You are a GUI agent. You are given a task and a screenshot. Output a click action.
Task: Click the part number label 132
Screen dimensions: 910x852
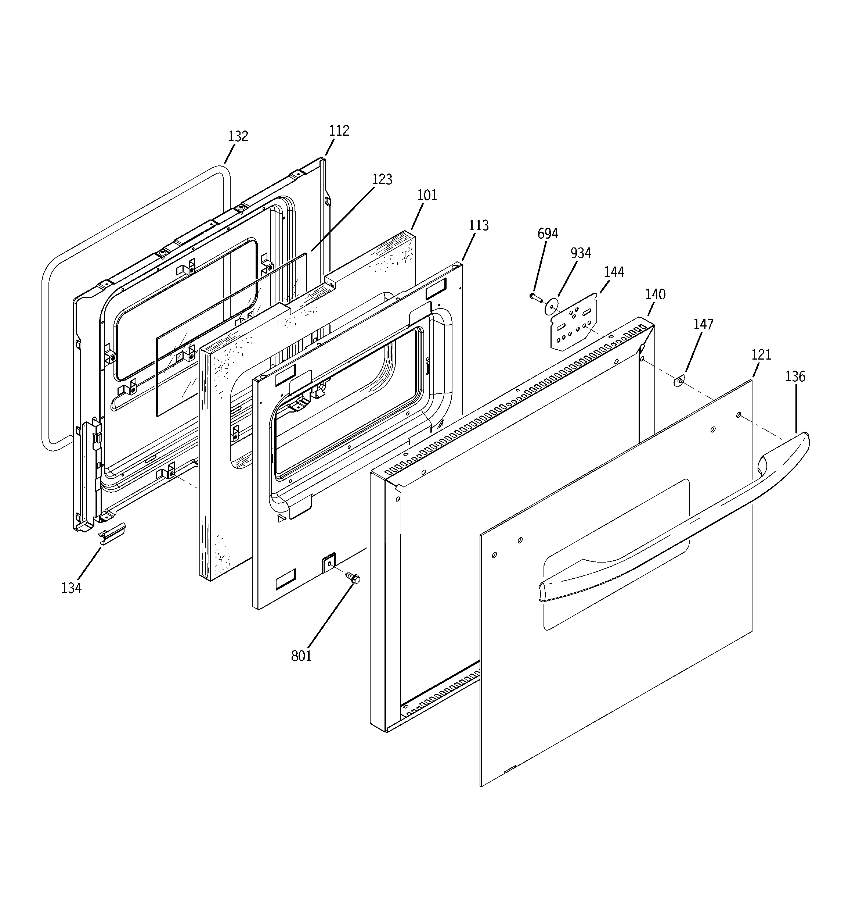pos(238,136)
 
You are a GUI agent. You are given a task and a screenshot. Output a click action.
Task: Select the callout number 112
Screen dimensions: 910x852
pos(339,131)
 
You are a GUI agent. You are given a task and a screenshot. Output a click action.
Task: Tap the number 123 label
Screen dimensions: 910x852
pos(382,179)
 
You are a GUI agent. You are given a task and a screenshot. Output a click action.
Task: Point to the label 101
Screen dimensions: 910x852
pos(427,196)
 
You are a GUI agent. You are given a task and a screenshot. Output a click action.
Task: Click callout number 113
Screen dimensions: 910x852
pos(479,226)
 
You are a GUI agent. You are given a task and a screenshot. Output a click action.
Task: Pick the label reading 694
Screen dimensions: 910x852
pos(548,234)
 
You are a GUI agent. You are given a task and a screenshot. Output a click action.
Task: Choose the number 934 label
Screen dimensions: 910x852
pos(580,253)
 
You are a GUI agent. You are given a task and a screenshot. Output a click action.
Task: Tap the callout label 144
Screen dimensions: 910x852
pos(614,272)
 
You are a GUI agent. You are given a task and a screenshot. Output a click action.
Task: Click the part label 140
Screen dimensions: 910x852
pos(655,295)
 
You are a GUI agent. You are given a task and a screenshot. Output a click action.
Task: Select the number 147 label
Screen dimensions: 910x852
pos(703,325)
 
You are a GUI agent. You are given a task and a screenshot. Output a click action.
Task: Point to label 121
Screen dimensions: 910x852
pos(761,355)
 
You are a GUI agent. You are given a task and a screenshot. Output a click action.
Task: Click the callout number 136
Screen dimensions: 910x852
pos(795,377)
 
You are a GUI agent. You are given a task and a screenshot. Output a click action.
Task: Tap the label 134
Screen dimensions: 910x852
pos(71,588)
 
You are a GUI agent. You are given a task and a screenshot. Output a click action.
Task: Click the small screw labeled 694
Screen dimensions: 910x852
pos(535,297)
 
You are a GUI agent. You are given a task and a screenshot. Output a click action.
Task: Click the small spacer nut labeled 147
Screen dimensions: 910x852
pos(680,380)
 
